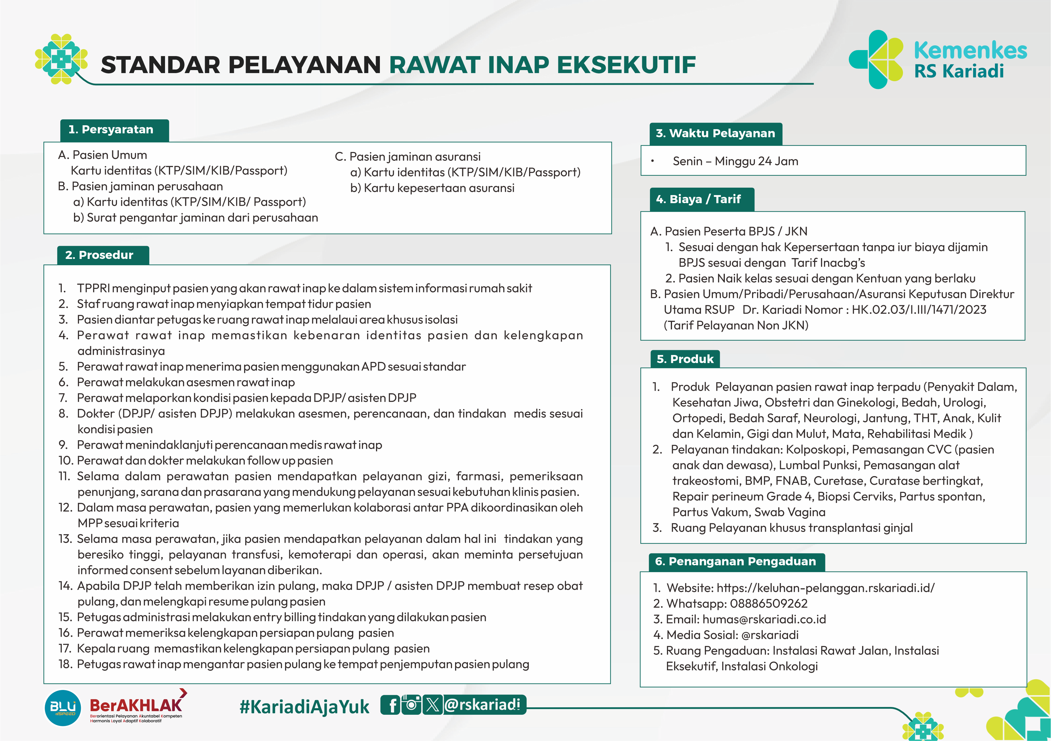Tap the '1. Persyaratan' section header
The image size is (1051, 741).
114,130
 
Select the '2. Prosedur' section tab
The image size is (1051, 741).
103,255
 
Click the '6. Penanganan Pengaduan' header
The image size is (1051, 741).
735,562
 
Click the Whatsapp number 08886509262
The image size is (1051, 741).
768,604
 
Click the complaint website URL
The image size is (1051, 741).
825,588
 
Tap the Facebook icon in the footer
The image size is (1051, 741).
392,705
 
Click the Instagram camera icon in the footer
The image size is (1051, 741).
412,705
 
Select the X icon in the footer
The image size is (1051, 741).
432,705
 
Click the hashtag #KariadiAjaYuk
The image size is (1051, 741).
304,707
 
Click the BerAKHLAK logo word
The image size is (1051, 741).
136,706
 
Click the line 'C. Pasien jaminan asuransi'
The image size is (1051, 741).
407,157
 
